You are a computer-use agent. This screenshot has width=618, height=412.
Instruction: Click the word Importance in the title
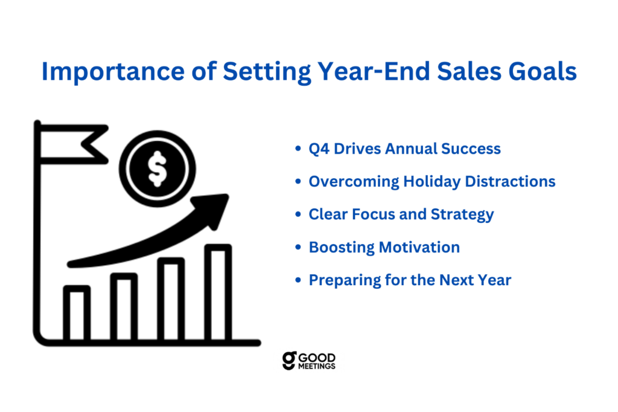[x=113, y=72]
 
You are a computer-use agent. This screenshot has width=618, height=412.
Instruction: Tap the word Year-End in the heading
[x=374, y=71]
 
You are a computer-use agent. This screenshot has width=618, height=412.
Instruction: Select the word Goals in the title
[x=543, y=72]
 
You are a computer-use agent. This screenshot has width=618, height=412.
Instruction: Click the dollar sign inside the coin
[x=158, y=169]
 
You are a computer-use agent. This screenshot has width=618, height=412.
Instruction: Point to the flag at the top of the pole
[x=73, y=144]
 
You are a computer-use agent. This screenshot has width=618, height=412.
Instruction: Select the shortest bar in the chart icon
[x=77, y=312]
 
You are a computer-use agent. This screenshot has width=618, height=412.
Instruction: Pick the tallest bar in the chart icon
[x=218, y=292]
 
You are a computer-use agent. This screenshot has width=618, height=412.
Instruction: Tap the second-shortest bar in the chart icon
[x=124, y=306]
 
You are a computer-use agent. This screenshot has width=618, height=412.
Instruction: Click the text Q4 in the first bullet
[x=319, y=149]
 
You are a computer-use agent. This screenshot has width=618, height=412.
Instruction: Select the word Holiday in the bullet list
[x=432, y=182]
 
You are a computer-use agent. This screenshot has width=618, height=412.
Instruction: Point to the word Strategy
[x=462, y=214]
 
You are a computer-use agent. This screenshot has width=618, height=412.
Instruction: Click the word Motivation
[x=419, y=248]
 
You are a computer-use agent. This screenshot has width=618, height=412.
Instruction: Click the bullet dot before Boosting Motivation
[x=298, y=248]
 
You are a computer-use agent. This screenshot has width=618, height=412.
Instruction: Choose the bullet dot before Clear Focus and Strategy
[x=298, y=214]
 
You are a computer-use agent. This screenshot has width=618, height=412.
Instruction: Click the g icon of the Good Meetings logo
[x=289, y=360]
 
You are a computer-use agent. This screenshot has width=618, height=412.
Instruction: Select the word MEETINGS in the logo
[x=316, y=366]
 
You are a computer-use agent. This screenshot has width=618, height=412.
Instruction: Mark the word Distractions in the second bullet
[x=510, y=181]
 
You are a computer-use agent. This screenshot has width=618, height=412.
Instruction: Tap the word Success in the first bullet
[x=471, y=149]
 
